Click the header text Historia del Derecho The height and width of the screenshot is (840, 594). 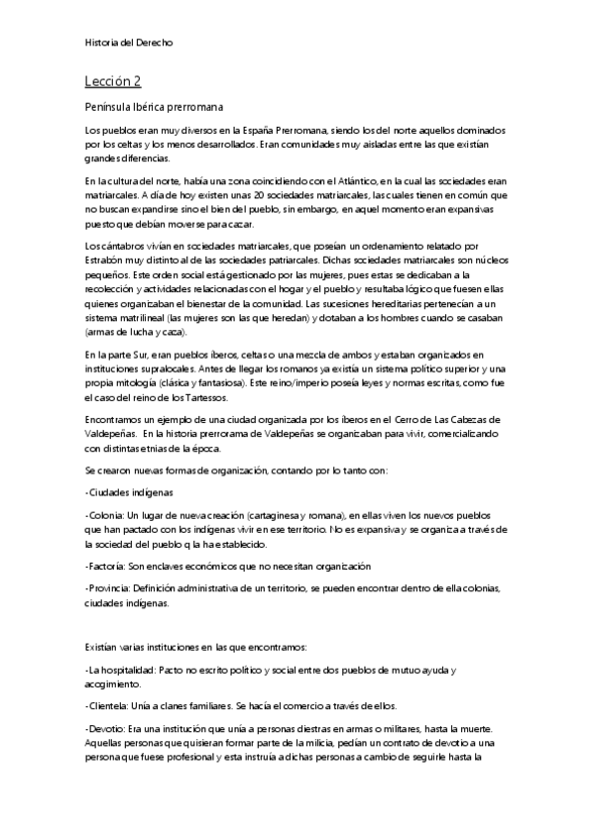(131, 43)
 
